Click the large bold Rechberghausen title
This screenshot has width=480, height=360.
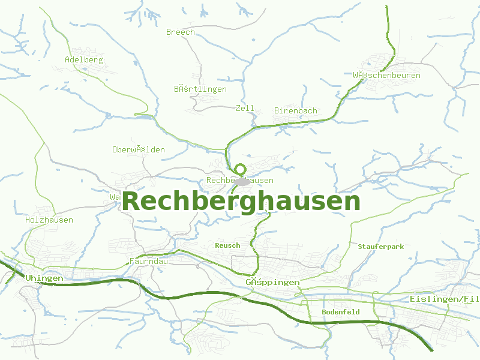click(241, 202)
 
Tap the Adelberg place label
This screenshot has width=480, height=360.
click(84, 60)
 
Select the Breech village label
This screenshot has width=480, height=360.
click(181, 32)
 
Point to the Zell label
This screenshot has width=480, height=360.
click(245, 109)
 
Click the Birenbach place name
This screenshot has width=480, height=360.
click(296, 111)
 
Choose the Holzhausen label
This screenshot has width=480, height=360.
click(49, 220)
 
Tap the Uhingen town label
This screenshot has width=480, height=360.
click(44, 278)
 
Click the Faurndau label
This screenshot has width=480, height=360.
click(149, 262)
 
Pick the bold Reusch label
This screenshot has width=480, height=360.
click(227, 245)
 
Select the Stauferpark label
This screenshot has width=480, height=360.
click(381, 247)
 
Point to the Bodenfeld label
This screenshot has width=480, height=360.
click(341, 312)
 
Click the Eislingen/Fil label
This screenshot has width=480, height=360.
click(445, 299)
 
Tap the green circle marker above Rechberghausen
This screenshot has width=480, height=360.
click(241, 169)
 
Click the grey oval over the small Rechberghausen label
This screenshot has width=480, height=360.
click(242, 181)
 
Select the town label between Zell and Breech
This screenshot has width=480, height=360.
click(200, 89)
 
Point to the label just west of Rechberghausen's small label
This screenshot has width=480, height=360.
click(139, 149)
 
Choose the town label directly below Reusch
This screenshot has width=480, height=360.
click(272, 282)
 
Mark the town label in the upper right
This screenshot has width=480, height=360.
click(386, 76)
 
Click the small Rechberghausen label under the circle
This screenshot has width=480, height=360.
click(240, 181)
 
